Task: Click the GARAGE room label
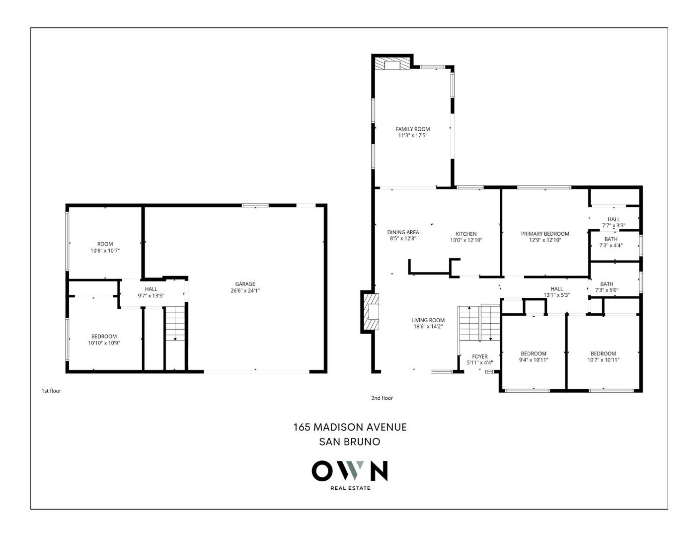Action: [x=245, y=284]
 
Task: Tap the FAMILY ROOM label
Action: [x=412, y=129]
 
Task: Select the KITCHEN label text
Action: [x=466, y=234]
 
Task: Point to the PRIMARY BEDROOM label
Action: [x=544, y=234]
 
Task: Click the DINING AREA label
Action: [x=403, y=232]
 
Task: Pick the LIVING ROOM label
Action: [x=428, y=320]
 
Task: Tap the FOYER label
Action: [x=479, y=357]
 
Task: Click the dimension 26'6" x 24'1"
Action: [x=245, y=290]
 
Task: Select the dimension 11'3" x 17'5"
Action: [x=412, y=135]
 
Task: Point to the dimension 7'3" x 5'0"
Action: [x=607, y=290]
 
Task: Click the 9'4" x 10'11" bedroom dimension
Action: [x=533, y=360]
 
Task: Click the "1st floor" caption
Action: [x=51, y=391]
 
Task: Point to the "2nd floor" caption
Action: [x=382, y=398]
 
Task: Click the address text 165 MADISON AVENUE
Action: [x=350, y=427]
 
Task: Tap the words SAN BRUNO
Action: [x=349, y=442]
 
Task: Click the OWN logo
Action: [x=349, y=471]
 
